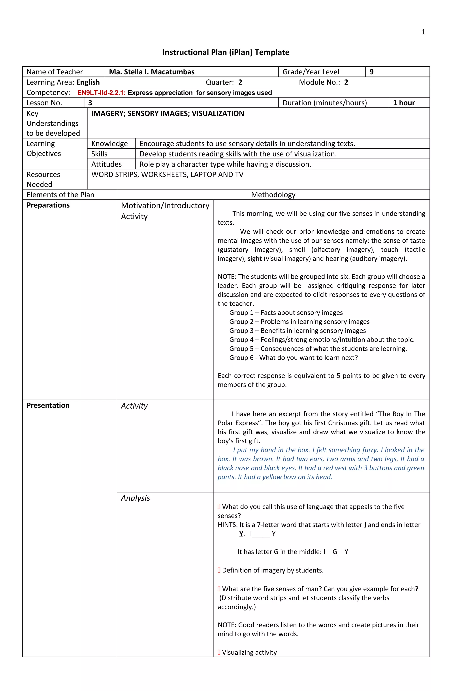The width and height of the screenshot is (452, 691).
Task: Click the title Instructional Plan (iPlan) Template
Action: pyautogui.click(x=226, y=52)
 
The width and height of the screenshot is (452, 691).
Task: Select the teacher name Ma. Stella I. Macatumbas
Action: pyautogui.click(x=152, y=72)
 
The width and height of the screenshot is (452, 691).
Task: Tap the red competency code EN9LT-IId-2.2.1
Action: pyautogui.click(x=101, y=93)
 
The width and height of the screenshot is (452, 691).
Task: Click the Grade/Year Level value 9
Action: pyautogui.click(x=371, y=72)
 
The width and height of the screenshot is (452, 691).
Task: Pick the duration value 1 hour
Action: pyautogui.click(x=404, y=103)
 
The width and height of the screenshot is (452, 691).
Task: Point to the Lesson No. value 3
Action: pyautogui.click(x=90, y=103)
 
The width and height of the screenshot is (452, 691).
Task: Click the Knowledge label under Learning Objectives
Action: pyautogui.click(x=109, y=144)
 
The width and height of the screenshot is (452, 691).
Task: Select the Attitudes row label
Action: pyautogui.click(x=106, y=164)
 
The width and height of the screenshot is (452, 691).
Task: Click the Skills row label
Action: pyautogui.click(x=99, y=154)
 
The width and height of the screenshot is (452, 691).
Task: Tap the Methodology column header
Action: pyautogui.click(x=273, y=195)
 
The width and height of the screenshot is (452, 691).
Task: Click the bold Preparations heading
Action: pyautogui.click(x=48, y=205)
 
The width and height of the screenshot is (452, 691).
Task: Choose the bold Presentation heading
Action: pyautogui.click(x=48, y=405)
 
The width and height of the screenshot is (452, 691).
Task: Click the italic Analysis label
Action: pyautogui.click(x=135, y=498)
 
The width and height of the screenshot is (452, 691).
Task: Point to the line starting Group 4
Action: pyautogui.click(x=322, y=340)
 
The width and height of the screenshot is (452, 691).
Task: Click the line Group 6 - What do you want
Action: pyautogui.click(x=293, y=358)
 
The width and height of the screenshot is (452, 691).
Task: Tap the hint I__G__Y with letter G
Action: pyautogui.click(x=335, y=552)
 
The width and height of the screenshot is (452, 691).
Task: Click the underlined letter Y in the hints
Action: pyautogui.click(x=241, y=534)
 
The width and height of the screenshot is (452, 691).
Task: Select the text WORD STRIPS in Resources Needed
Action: pyautogui.click(x=115, y=175)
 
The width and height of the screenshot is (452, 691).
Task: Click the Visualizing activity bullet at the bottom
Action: pyautogui.click(x=249, y=652)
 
